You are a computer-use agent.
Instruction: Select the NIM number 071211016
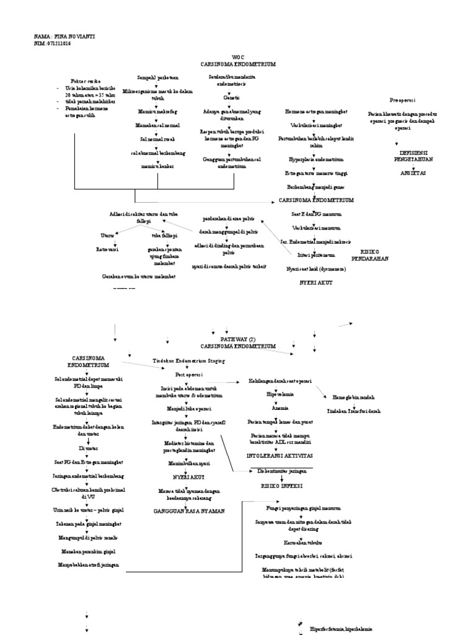pyautogui.click(x=60, y=43)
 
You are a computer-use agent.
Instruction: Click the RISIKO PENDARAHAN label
pyautogui.click(x=369, y=255)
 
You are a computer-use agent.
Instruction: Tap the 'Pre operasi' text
pyautogui.click(x=402, y=100)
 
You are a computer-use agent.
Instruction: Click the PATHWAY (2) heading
pyautogui.click(x=238, y=339)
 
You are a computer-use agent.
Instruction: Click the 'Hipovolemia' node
pyautogui.click(x=280, y=394)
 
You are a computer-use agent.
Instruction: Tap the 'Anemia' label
pyautogui.click(x=280, y=409)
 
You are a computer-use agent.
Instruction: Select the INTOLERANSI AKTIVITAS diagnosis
pyautogui.click(x=280, y=456)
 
